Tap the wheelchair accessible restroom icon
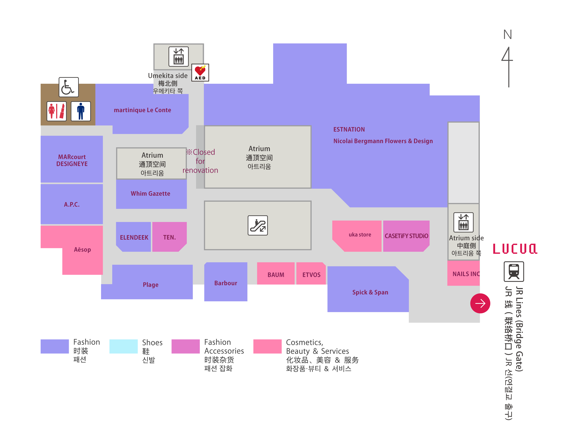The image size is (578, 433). (x=68, y=87)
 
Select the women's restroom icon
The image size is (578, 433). (x=56, y=111)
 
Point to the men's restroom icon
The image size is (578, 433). (x=81, y=111)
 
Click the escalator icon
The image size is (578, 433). (x=258, y=225)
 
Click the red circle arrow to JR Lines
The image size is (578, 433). (x=480, y=303)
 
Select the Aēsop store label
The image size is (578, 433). (x=82, y=250)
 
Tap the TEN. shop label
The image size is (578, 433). (x=169, y=237)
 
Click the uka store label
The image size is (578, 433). (x=360, y=235)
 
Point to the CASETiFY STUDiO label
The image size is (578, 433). (x=406, y=236)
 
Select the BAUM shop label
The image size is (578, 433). (x=276, y=275)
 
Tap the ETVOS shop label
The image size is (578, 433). (x=311, y=275)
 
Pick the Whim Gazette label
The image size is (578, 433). (x=150, y=193)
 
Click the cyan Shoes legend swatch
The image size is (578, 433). (x=123, y=346)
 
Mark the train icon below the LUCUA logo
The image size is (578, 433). (x=514, y=271)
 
